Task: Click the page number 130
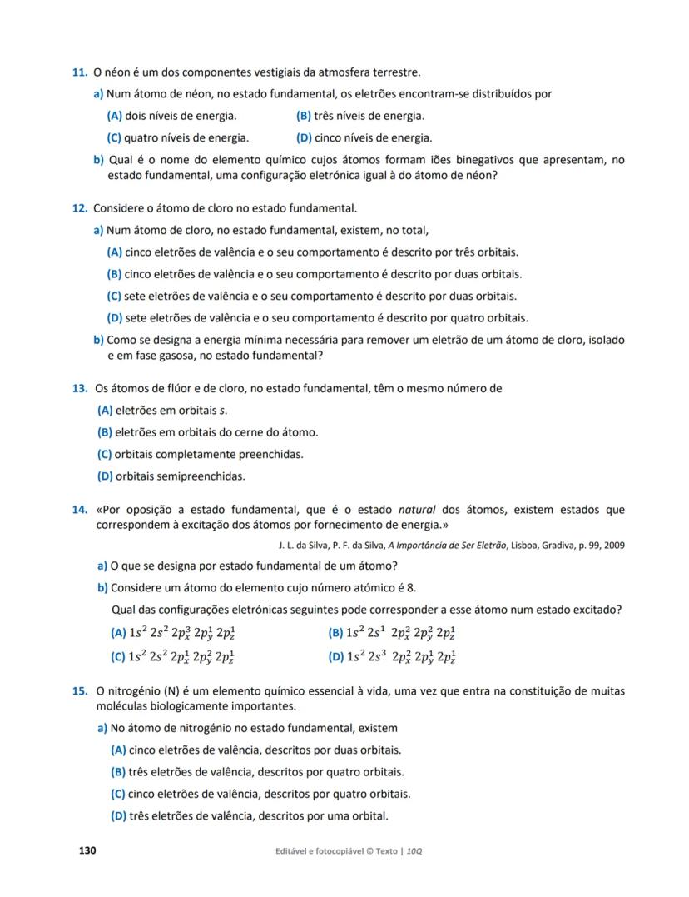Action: (87, 850)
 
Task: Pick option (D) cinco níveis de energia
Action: (364, 138)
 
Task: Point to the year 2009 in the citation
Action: (612, 546)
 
